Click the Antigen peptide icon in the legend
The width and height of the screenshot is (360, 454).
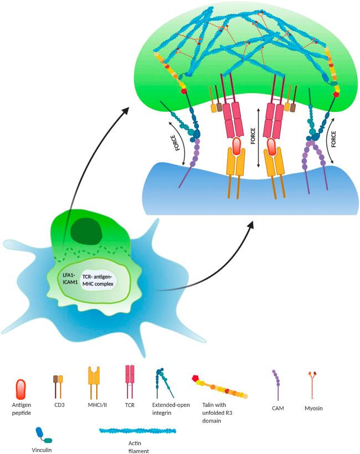(22, 389)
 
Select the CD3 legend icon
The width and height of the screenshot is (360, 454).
(58, 386)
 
